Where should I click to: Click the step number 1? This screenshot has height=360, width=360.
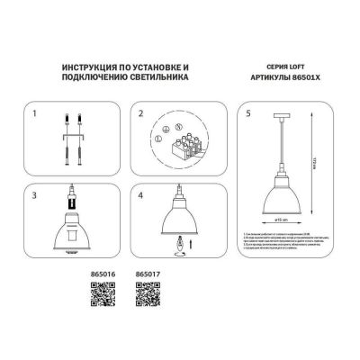(x=34, y=116)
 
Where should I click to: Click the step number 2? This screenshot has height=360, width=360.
(x=140, y=116)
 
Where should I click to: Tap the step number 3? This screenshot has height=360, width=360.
(x=34, y=195)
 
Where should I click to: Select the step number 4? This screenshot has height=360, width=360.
(x=140, y=195)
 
